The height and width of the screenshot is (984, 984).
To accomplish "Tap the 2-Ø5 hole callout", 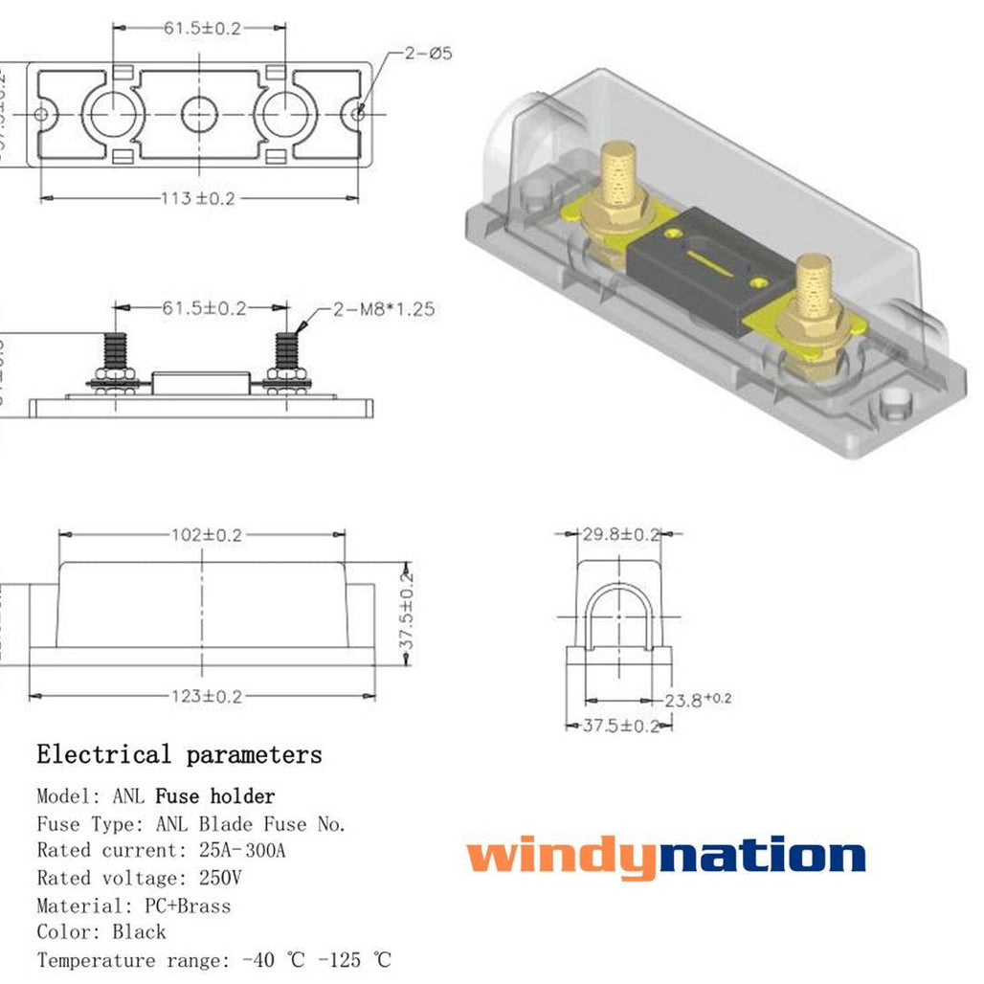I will click(x=427, y=54).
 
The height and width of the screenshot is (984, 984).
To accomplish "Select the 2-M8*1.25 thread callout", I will click(x=383, y=308).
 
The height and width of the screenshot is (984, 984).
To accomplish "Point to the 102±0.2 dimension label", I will click(x=202, y=535).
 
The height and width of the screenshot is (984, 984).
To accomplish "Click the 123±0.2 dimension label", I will click(x=202, y=696).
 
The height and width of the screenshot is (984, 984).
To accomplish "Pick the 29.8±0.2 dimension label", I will click(x=621, y=533).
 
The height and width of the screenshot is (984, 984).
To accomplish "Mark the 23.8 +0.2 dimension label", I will click(x=698, y=701).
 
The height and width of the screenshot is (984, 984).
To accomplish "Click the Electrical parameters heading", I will click(x=179, y=755).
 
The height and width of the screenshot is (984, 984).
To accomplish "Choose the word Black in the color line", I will click(x=139, y=932).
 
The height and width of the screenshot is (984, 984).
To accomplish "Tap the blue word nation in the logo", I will click(x=763, y=855).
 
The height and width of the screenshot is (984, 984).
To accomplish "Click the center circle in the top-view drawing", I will click(x=200, y=115).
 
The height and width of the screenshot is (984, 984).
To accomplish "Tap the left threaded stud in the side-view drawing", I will click(x=115, y=354).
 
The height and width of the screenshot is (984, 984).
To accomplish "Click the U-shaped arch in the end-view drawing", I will click(x=621, y=617).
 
